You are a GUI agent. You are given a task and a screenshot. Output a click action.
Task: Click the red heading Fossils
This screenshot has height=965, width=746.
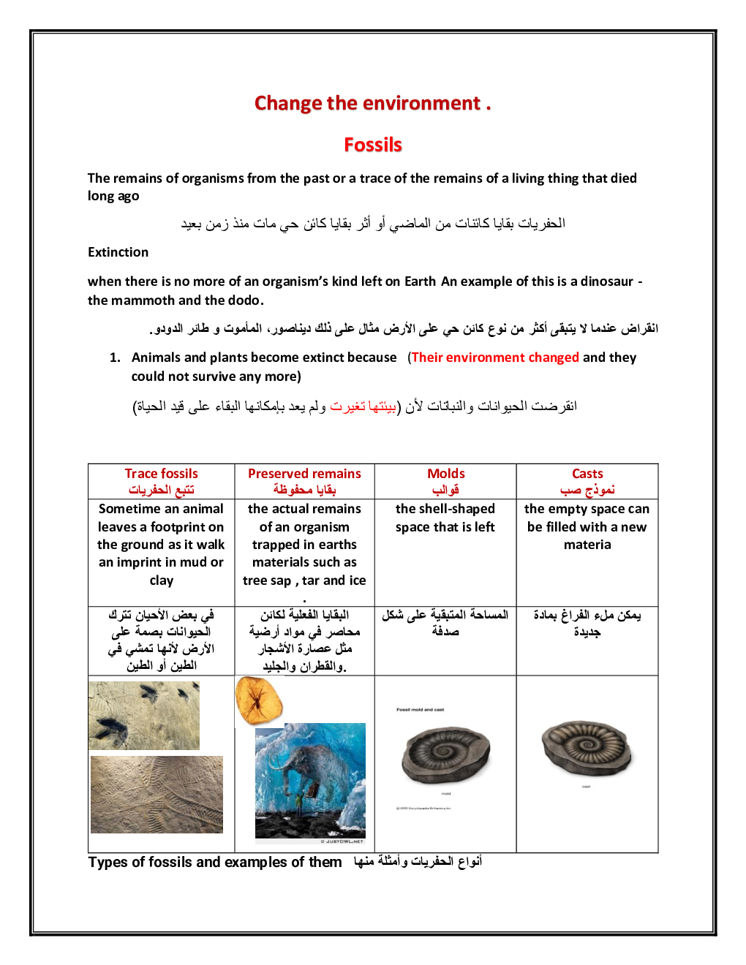click(x=373, y=145)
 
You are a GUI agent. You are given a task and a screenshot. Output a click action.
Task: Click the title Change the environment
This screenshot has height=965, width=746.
click(x=372, y=103)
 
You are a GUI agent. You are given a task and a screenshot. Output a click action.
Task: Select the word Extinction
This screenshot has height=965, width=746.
click(x=118, y=252)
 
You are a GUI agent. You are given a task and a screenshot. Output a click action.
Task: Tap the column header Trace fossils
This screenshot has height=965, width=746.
click(x=161, y=474)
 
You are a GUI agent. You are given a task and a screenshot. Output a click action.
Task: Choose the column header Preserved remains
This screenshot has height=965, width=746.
click(x=304, y=474)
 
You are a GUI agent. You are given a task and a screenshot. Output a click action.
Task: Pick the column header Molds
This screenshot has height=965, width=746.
click(x=446, y=474)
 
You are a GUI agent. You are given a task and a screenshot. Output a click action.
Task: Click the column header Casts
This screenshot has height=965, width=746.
click(x=587, y=474)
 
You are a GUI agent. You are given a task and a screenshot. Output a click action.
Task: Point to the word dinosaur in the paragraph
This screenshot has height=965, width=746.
click(x=606, y=281)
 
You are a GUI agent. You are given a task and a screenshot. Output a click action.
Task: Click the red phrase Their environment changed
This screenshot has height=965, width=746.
click(x=495, y=357)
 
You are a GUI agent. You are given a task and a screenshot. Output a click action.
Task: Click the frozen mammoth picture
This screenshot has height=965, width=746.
click(x=310, y=781)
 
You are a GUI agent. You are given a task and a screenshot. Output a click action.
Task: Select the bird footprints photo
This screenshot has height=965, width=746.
click(x=144, y=716)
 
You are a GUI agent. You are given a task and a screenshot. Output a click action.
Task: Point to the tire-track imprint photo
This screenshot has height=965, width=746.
click(x=157, y=795)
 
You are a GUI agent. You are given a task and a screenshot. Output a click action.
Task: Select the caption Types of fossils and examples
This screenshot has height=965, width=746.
click(x=214, y=863)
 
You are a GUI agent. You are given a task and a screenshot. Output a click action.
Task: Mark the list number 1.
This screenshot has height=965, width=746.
click(x=114, y=357)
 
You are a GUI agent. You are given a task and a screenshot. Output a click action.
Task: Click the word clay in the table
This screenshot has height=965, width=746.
click(x=162, y=580)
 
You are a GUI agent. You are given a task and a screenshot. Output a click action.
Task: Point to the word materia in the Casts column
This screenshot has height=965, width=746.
click(x=587, y=545)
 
